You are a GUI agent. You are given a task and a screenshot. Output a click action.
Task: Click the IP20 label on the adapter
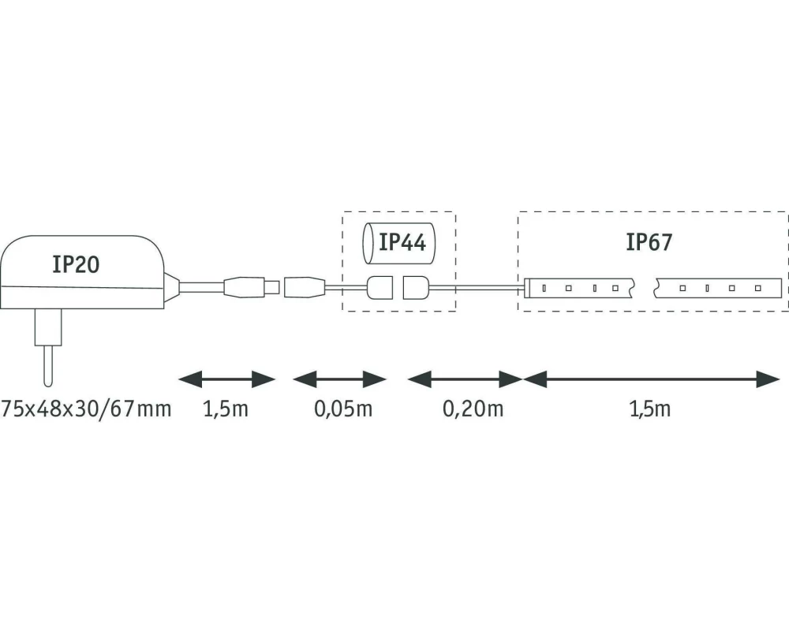click(76, 264)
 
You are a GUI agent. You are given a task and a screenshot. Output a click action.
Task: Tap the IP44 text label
click(402, 242)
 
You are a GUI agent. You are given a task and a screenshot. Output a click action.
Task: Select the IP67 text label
click(649, 242)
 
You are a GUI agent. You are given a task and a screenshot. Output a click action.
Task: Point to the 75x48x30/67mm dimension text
click(86, 409)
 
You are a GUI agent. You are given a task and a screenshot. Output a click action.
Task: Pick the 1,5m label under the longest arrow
click(651, 409)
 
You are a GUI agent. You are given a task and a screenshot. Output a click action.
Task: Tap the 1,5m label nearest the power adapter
click(226, 409)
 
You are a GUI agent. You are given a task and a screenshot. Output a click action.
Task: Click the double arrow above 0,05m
click(339, 379)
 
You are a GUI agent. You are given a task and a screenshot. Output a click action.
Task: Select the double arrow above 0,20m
click(466, 379)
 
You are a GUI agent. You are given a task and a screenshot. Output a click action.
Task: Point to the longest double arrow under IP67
click(651, 379)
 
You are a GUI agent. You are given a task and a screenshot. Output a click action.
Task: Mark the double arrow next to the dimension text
click(226, 379)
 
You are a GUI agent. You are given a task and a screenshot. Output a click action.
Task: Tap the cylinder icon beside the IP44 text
click(368, 243)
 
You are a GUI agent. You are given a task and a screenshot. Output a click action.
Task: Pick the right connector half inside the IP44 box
click(416, 287)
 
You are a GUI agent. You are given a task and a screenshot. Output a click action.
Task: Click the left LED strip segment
click(580, 287)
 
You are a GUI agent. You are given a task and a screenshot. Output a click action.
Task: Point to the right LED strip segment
click(718, 287)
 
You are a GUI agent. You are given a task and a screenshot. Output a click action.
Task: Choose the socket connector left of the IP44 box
click(304, 286)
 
